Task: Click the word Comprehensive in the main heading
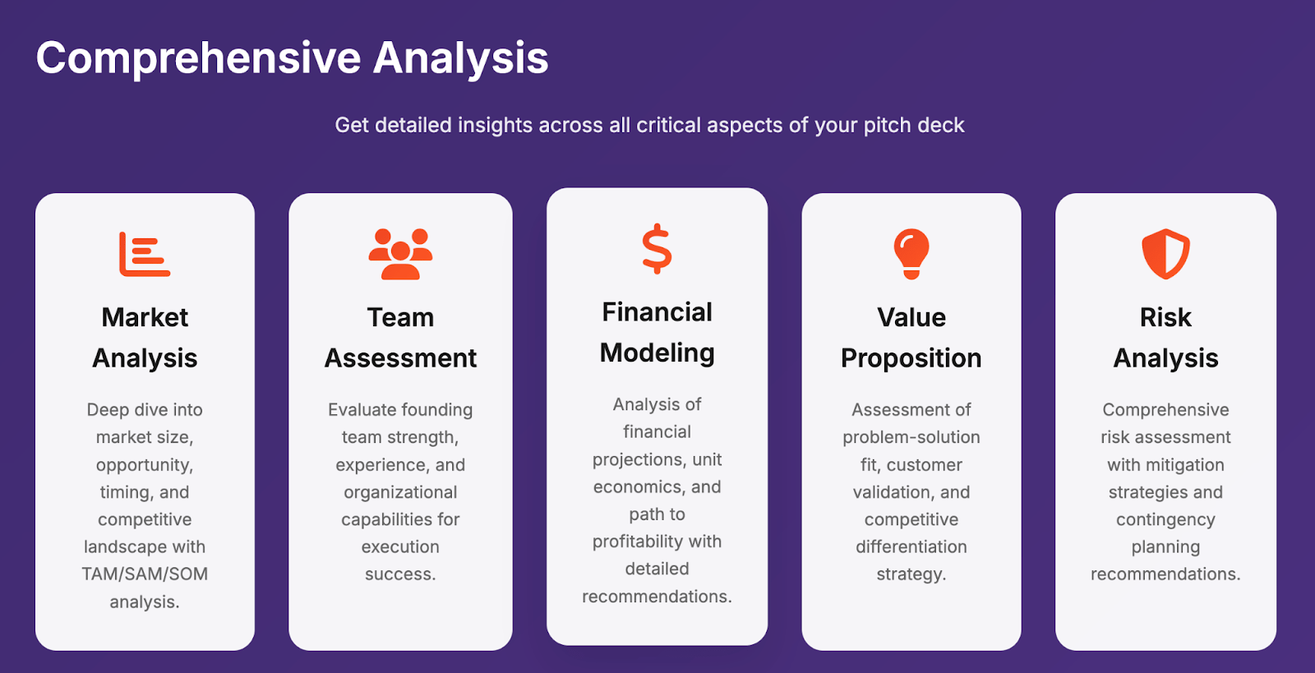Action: pyautogui.click(x=198, y=58)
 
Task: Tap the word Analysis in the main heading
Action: pyautogui.click(x=461, y=58)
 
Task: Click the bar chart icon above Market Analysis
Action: pyautogui.click(x=145, y=254)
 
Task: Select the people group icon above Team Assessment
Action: pyautogui.click(x=400, y=253)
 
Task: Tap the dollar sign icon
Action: pyautogui.click(x=657, y=249)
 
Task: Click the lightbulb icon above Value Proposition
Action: pyautogui.click(x=911, y=253)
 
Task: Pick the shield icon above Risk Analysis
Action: pyautogui.click(x=1166, y=253)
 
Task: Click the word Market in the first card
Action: pyautogui.click(x=145, y=317)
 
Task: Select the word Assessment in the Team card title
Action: pyautogui.click(x=400, y=358)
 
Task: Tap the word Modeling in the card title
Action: pyautogui.click(x=657, y=353)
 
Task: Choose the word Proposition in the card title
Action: pyautogui.click(x=911, y=358)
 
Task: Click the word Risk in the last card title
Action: pyautogui.click(x=1166, y=317)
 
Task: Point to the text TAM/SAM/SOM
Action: pyautogui.click(x=145, y=574)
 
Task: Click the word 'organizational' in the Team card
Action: pyautogui.click(x=400, y=492)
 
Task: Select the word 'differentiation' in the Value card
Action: pyautogui.click(x=911, y=546)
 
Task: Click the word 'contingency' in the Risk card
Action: pyautogui.click(x=1166, y=520)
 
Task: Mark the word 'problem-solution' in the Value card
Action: pyautogui.click(x=911, y=438)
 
